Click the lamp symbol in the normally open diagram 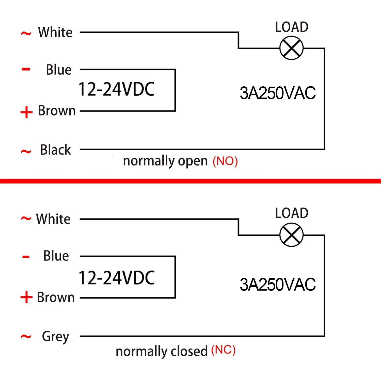292,48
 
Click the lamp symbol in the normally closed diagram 292,235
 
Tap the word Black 55,150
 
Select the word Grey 56,337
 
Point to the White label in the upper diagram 55,32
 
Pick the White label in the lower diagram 53,219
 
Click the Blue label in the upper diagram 59,70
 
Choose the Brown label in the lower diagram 56,297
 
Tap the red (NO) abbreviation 225,161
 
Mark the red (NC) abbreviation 223,350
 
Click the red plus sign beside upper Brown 26,112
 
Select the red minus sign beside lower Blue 26,257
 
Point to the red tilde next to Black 26,152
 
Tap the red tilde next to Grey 26,337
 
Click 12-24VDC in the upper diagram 117,89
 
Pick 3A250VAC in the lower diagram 278,284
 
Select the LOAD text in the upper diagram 292,27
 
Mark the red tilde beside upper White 26,33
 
